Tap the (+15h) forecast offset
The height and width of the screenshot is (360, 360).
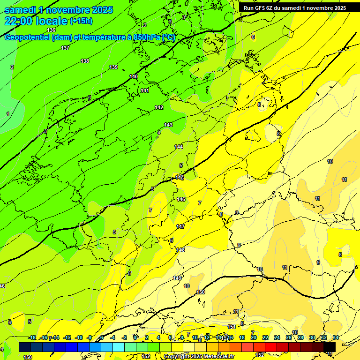81,21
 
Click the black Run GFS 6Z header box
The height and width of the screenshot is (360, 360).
294,8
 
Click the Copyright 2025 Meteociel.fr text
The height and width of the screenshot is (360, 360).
199,356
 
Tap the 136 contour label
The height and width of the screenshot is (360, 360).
51,30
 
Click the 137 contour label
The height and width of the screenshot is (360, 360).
65,48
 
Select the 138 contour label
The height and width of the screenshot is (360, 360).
85,61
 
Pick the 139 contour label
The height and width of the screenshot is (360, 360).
113,67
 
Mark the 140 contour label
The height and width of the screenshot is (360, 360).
134,76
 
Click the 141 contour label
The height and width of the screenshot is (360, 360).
145,90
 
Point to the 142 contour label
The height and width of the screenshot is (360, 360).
159,108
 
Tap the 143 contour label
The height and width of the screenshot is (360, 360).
168,125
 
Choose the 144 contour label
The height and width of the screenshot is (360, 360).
179,147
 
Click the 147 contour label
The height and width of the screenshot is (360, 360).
180,226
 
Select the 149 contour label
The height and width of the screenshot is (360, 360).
177,278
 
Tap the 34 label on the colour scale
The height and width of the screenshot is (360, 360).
336,337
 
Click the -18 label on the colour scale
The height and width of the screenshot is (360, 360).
32,337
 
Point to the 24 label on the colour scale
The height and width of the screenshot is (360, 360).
277,337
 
